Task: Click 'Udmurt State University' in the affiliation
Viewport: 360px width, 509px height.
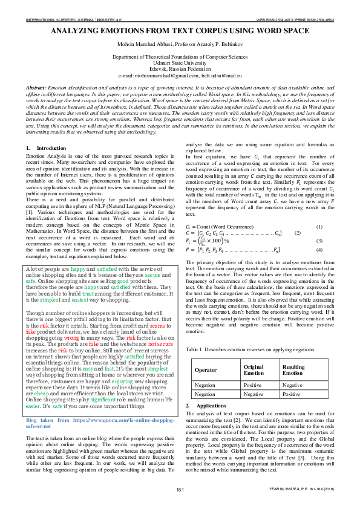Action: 180,62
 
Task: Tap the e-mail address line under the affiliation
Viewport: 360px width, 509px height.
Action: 180,76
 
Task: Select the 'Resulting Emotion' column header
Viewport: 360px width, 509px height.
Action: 293,370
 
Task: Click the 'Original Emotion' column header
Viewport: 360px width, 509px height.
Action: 254,370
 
